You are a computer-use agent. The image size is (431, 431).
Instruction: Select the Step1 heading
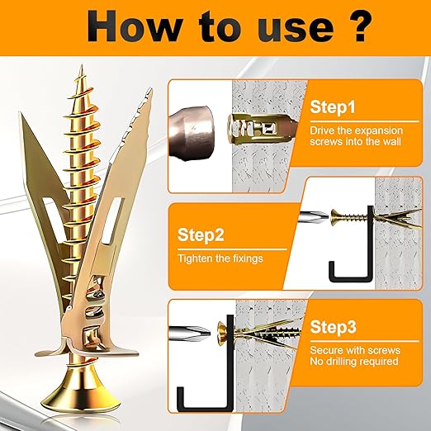(333, 107)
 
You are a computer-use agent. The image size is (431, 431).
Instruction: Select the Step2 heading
(201, 235)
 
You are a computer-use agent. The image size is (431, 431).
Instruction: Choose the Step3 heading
(334, 327)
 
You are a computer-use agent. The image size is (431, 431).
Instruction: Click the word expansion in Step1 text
(380, 131)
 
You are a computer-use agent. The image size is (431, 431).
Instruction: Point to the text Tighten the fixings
(220, 258)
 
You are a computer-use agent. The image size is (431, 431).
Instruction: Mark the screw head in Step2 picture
(335, 217)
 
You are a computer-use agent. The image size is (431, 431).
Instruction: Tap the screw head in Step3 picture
(222, 332)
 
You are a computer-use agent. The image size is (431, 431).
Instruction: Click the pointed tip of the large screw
(82, 65)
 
